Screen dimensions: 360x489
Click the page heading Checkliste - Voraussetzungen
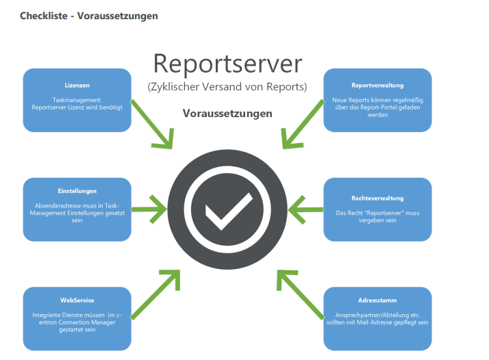pyautogui.click(x=89, y=15)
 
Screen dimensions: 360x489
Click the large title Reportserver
pyautogui.click(x=227, y=64)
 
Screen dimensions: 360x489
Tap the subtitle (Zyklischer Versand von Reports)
pyautogui.click(x=227, y=87)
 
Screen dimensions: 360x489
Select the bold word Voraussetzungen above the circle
pyautogui.click(x=227, y=113)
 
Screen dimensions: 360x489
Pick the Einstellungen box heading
pyautogui.click(x=77, y=191)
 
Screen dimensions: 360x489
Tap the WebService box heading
pyautogui.click(x=77, y=300)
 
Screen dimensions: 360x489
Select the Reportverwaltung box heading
pyautogui.click(x=377, y=86)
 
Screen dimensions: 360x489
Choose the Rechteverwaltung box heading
pyautogui.click(x=377, y=197)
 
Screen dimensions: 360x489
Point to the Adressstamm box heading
pyautogui.click(x=377, y=300)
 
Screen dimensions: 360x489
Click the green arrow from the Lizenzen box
pyautogui.click(x=153, y=124)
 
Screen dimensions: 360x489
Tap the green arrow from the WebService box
pyautogui.click(x=156, y=295)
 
